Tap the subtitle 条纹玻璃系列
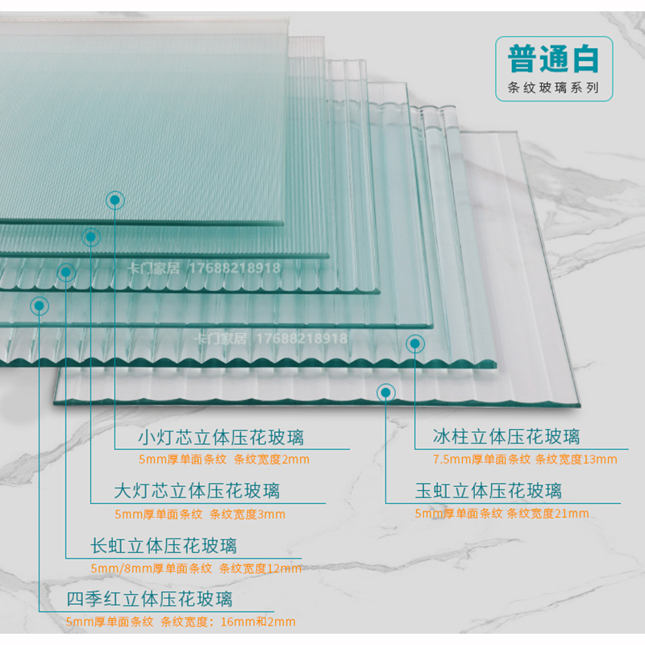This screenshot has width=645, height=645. coord(552,89)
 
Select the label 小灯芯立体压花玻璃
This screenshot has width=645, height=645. coord(220,438)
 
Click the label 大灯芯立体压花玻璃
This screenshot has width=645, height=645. coord(197,491)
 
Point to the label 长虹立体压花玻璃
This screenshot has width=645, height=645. coord(164,546)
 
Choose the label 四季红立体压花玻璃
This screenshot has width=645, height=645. coord(149,599)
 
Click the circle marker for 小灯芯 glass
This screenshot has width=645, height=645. coord(115,198)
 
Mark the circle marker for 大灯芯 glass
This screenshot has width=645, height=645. coord(90,237)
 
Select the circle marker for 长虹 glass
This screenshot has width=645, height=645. coord(65,273)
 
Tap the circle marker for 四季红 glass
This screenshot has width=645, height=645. coord(38,305)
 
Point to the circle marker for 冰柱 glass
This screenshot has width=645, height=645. coord(415,343)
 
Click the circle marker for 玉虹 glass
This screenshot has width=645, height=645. coord(385,392)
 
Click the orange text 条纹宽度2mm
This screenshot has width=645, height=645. coord(272,460)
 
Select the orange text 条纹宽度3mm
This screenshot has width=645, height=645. coord(248,514)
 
